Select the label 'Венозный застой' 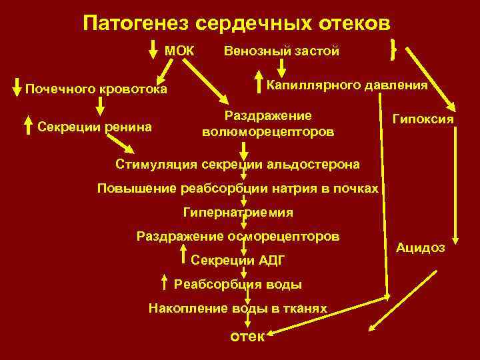click(x=281, y=51)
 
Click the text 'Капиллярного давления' click(x=347, y=85)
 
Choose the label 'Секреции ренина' click(x=95, y=127)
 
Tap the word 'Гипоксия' click(x=423, y=119)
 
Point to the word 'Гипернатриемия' click(x=237, y=213)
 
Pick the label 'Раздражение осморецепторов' click(x=237, y=237)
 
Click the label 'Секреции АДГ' click(x=232, y=260)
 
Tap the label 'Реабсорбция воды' click(x=238, y=285)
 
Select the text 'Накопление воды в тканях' click(x=238, y=309)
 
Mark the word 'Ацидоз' click(x=421, y=247)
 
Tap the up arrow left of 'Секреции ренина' click(x=28, y=125)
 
